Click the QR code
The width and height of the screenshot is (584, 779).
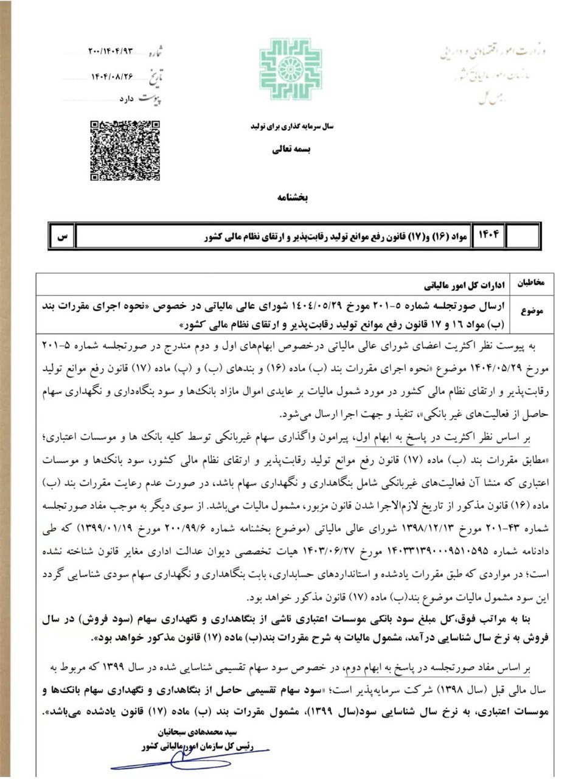125,150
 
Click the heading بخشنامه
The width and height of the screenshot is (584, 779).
294,198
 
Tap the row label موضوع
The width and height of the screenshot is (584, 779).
532,310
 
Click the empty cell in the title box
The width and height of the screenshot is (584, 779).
522,236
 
